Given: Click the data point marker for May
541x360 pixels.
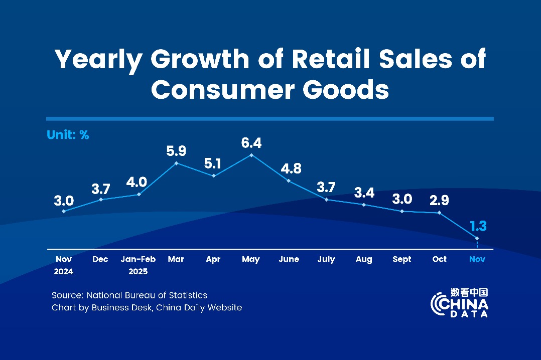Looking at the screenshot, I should tap(251, 155).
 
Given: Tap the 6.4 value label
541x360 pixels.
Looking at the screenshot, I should tap(251, 143).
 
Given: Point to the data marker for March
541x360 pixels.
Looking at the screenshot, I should tap(176, 163).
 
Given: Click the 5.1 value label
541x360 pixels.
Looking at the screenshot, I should tap(214, 163).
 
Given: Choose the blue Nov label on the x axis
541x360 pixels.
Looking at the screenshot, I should tap(477, 259).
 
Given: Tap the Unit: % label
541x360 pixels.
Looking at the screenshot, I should tap(68, 135).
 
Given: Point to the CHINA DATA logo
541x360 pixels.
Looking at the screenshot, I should tap(459, 302).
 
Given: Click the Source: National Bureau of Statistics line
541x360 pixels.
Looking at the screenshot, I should tap(129, 295).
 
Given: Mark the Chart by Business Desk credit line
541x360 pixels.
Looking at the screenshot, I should tap(147, 307).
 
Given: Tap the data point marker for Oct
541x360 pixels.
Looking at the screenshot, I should tap(440, 213).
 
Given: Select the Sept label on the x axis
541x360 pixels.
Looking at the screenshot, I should tap(402, 259).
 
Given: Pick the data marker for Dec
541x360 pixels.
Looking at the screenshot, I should tap(101, 200).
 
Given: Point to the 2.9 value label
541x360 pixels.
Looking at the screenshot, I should tap(440, 201).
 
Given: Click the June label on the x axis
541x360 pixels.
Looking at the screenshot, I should tap(289, 259).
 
